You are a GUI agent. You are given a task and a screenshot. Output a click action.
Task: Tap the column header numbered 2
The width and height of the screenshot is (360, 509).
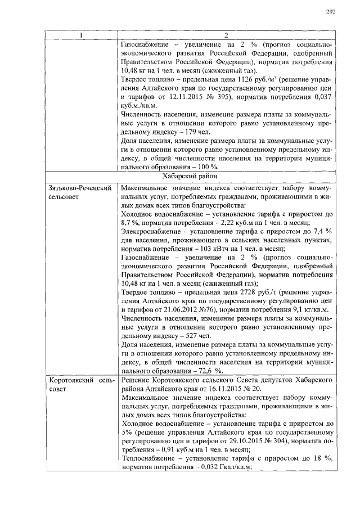click(226, 35)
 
